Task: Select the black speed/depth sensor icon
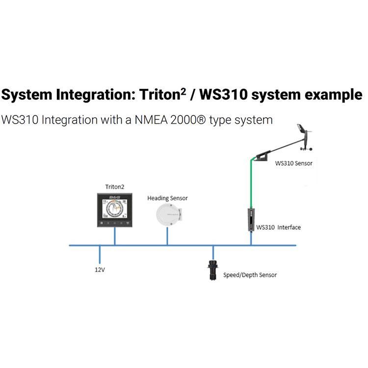pyautogui.click(x=212, y=271)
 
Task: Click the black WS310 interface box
pyautogui.click(x=251, y=220)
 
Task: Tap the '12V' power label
pyautogui.click(x=101, y=269)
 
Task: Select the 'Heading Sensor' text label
pyautogui.click(x=167, y=198)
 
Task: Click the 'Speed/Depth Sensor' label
pyautogui.click(x=250, y=275)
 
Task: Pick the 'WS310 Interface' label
pyautogui.click(x=279, y=227)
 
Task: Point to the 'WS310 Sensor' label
pyautogui.click(x=293, y=162)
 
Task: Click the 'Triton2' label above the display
pyautogui.click(x=115, y=186)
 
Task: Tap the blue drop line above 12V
pyautogui.click(x=100, y=255)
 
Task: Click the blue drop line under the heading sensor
pyautogui.click(x=167, y=238)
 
